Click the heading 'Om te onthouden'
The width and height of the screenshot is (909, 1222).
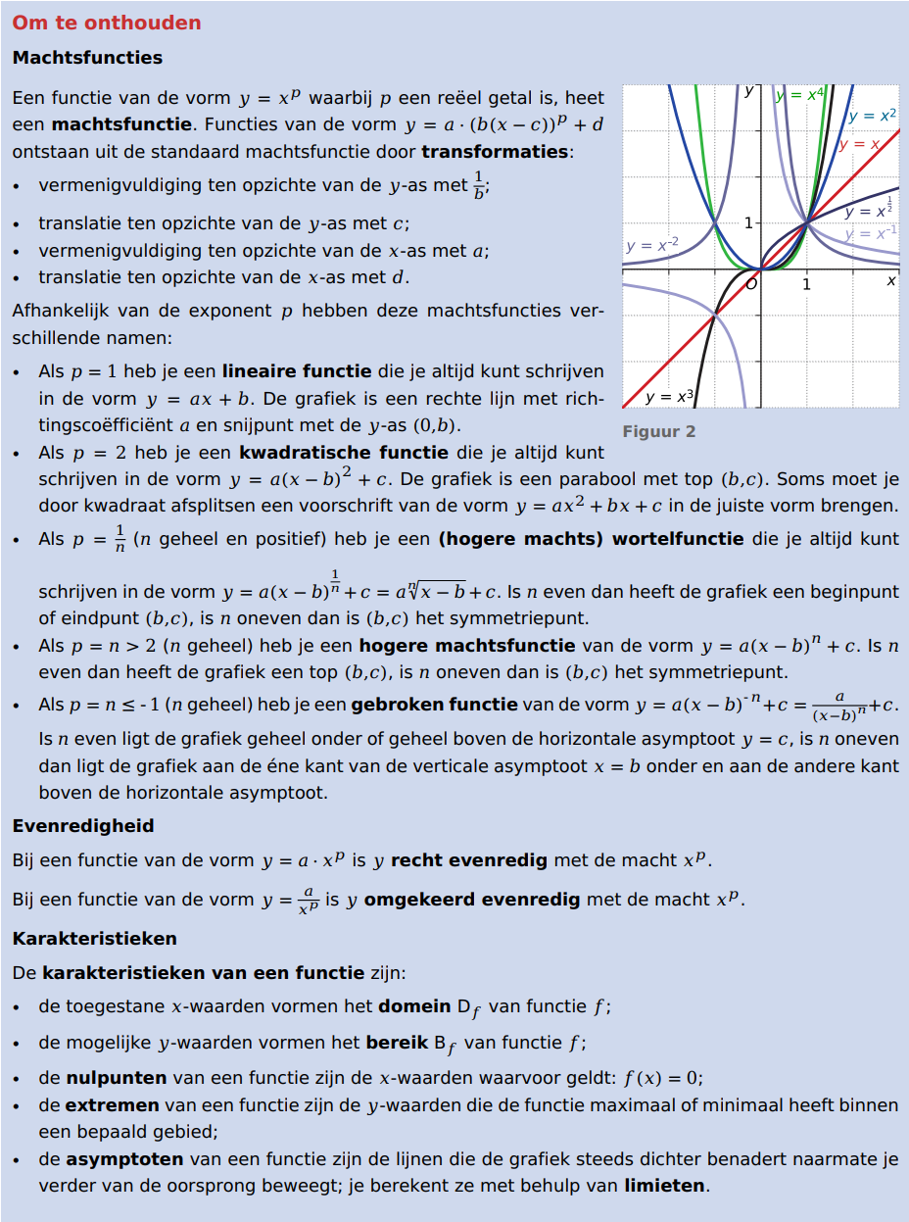[107, 23]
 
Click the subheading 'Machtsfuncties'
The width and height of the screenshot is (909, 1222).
[87, 58]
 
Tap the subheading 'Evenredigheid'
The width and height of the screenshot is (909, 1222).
[83, 826]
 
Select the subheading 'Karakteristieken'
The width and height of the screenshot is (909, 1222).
[94, 939]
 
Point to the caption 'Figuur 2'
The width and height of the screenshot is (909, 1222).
[658, 431]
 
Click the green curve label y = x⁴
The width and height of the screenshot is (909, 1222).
[799, 94]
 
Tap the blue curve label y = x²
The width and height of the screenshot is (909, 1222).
[872, 116]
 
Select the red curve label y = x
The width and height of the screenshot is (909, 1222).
[859, 144]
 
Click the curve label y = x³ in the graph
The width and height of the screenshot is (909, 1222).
[670, 397]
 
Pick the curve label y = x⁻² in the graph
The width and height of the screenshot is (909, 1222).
[651, 245]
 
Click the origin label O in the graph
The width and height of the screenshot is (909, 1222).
[751, 284]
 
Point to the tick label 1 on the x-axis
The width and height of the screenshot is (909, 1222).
[806, 285]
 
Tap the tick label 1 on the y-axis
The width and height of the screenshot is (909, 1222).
[748, 223]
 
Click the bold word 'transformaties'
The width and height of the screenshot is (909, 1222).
[495, 152]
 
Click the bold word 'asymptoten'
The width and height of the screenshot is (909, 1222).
[124, 1159]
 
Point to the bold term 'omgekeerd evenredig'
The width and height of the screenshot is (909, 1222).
[472, 900]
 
